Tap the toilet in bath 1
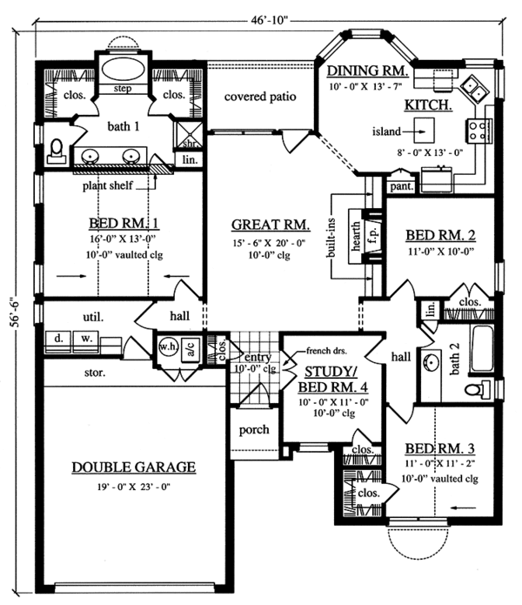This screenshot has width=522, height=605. point(57,151)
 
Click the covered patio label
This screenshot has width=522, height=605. point(260,96)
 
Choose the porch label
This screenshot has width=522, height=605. point(254,430)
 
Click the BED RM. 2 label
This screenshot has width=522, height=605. point(439,235)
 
